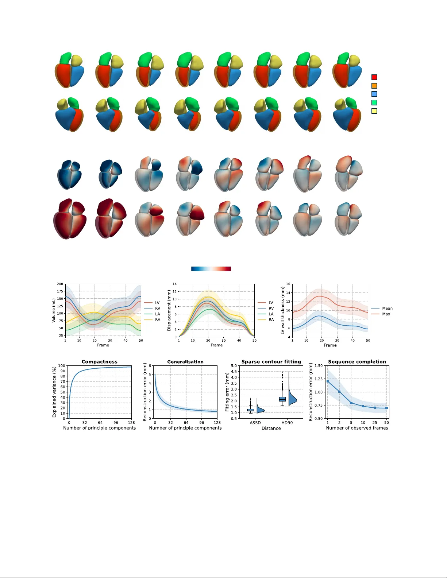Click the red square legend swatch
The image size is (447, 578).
[x=374, y=77]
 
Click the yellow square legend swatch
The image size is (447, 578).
[x=374, y=111]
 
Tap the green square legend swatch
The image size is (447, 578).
[x=374, y=102]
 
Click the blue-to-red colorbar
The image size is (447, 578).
[x=211, y=269]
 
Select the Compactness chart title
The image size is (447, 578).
[x=99, y=362]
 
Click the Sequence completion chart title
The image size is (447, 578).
[x=357, y=362]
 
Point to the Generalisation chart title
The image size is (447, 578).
[x=185, y=362]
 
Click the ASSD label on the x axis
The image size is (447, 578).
[x=255, y=423]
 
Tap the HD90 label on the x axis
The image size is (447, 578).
[x=287, y=423]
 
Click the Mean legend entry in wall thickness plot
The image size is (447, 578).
[x=387, y=309]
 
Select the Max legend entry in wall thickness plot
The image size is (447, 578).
[x=386, y=314]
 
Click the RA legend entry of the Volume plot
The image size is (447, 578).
[x=158, y=320]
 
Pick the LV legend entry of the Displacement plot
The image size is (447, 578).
[x=271, y=303]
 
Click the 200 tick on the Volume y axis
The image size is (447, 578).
[x=60, y=284]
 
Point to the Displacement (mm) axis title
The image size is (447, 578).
[x=169, y=310]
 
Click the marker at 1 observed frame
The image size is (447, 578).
[x=328, y=381]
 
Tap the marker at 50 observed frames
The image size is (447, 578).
[x=386, y=408]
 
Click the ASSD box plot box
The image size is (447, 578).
[x=250, y=410]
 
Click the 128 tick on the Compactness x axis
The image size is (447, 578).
[x=131, y=423]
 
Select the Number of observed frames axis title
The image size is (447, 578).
[x=357, y=428]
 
